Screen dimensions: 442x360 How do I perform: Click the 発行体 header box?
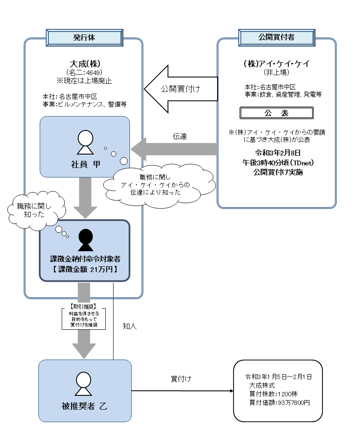click(83, 37)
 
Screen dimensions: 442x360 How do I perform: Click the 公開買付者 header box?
click(276, 37)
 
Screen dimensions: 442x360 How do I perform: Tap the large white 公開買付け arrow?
click(180, 88)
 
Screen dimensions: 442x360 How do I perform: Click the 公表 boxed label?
click(276, 113)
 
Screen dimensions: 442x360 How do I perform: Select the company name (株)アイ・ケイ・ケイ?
click(276, 63)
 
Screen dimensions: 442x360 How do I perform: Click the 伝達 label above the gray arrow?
click(180, 136)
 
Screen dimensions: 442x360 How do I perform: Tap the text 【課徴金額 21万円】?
click(85, 270)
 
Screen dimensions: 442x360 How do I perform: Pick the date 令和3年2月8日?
click(276, 153)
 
